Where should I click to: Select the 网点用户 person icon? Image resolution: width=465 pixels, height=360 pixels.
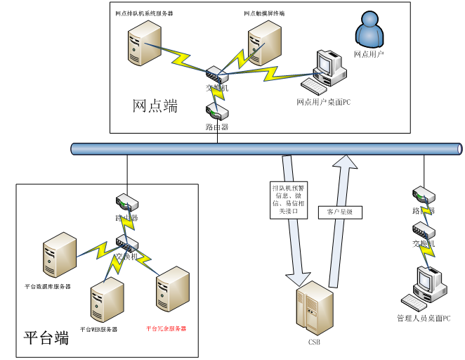click(369, 30)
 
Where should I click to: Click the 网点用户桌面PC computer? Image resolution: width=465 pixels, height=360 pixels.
click(325, 72)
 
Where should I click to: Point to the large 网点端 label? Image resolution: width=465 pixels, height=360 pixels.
click(155, 106)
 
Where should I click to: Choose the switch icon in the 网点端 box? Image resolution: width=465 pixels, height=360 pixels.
click(215, 73)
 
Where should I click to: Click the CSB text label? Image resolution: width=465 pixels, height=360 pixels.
click(314, 342)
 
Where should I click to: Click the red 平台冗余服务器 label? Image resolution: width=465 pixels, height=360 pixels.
click(166, 328)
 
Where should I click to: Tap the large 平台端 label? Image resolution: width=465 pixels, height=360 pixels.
click(46, 337)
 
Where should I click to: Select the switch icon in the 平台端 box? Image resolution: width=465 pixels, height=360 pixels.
click(127, 244)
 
